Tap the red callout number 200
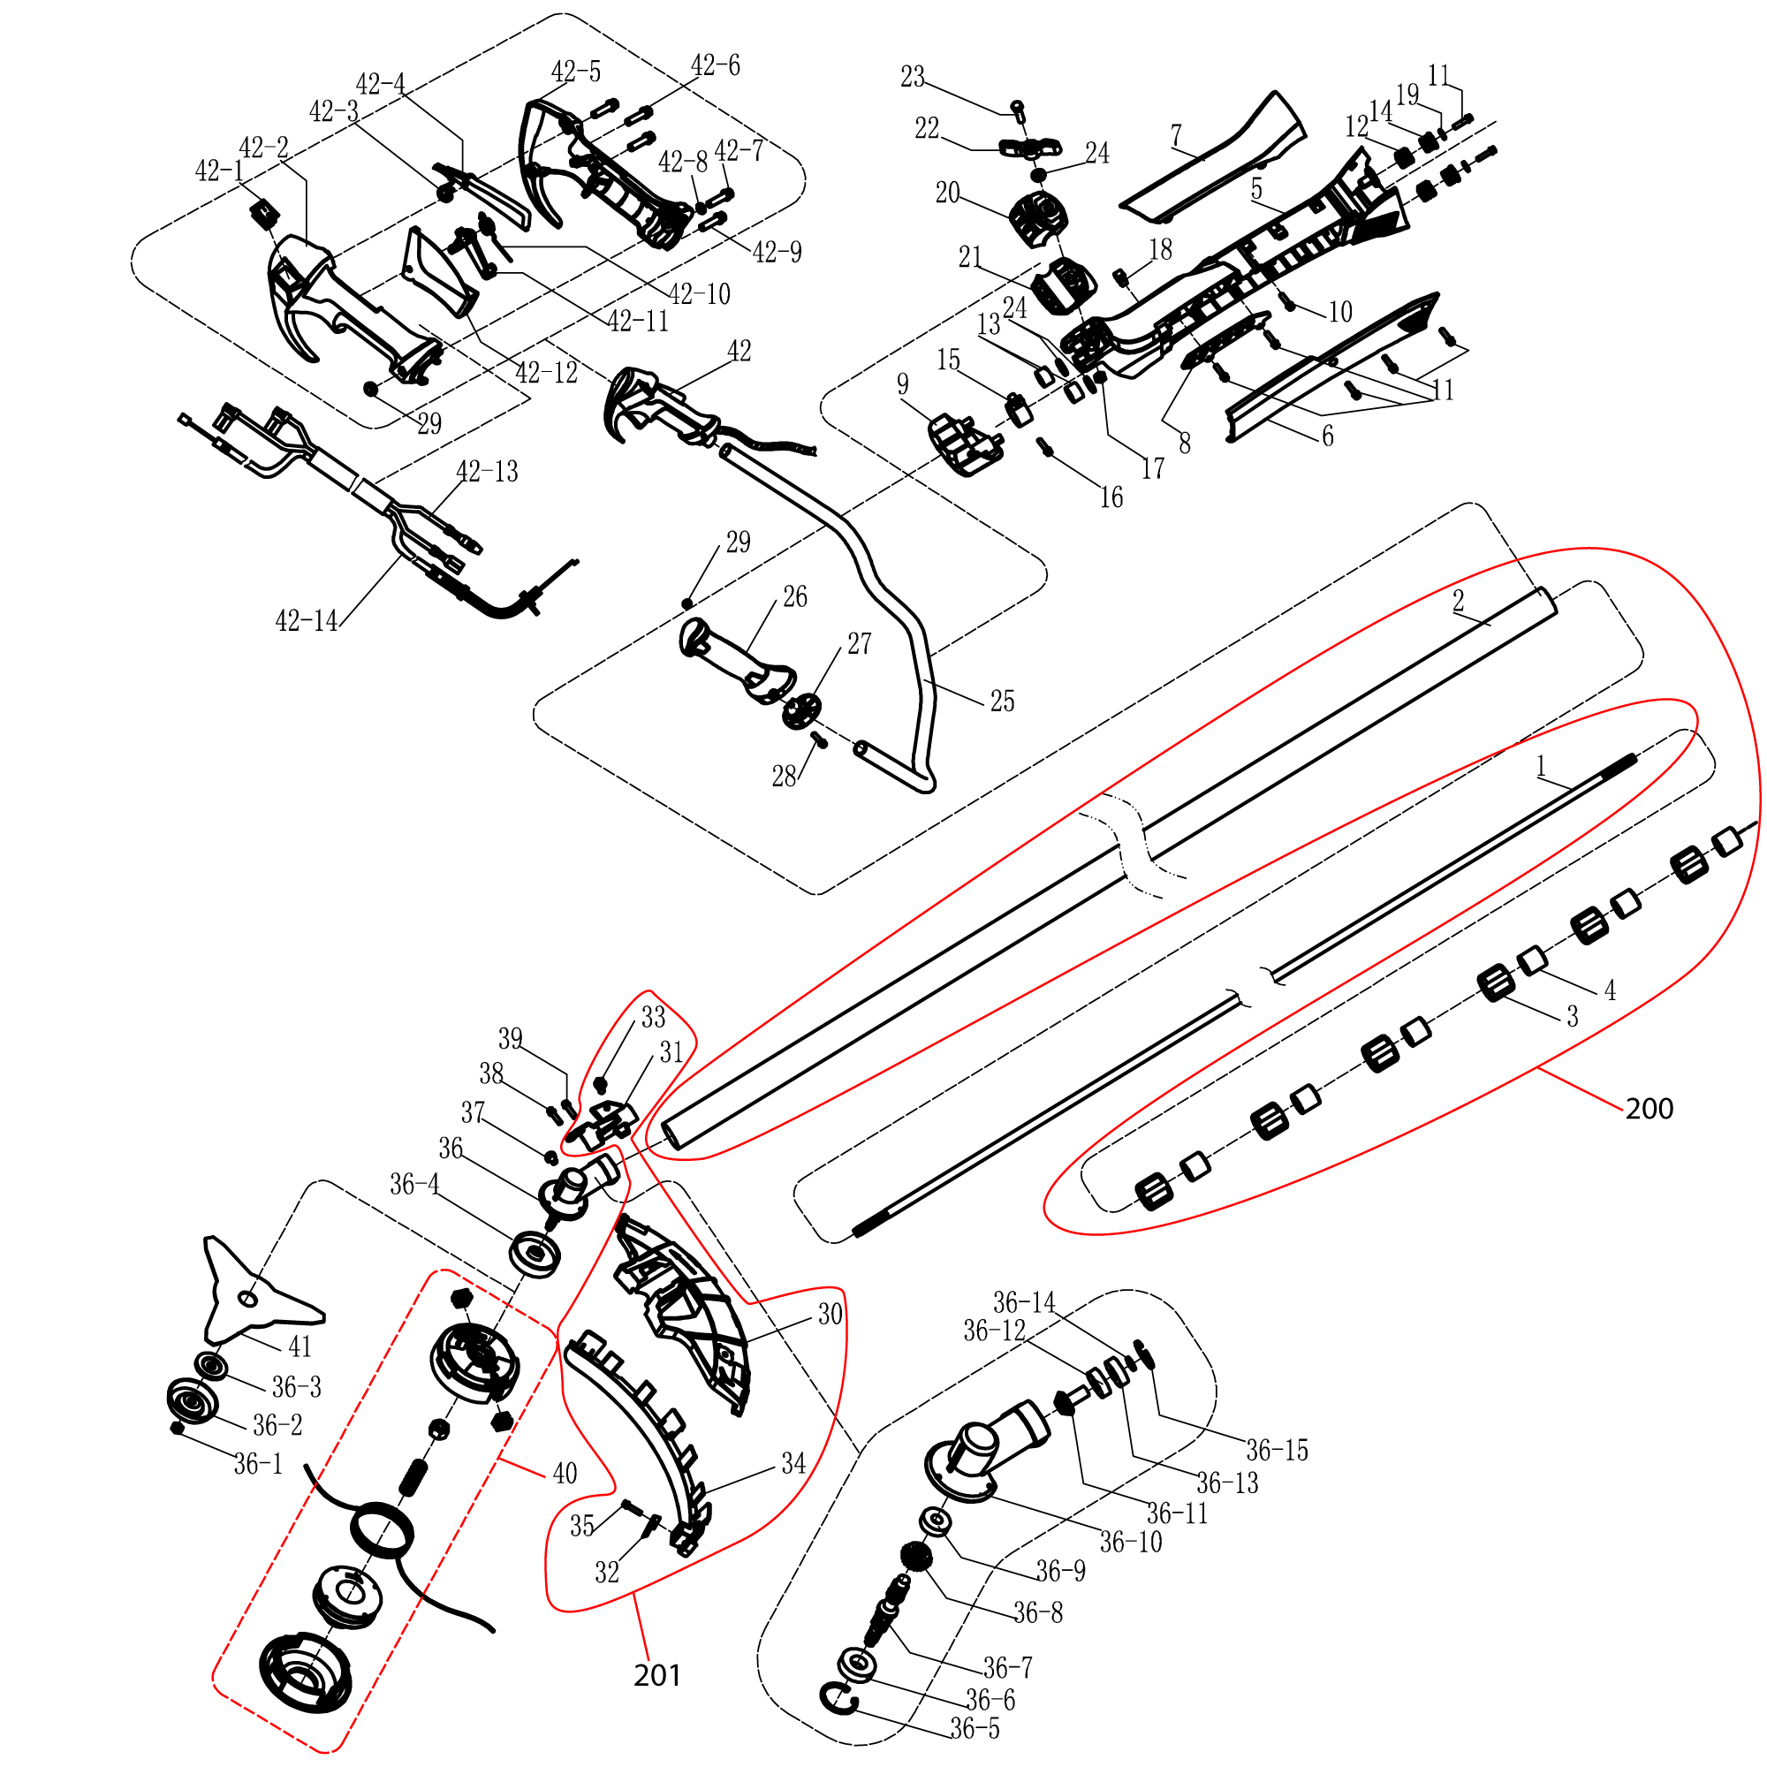click(x=1649, y=1109)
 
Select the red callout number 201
click(x=656, y=1674)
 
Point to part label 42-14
click(x=307, y=621)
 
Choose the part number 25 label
click(x=1003, y=701)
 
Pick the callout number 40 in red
click(x=565, y=1474)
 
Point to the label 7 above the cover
click(x=1175, y=135)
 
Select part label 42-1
click(x=219, y=171)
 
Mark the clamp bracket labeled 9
click(x=963, y=445)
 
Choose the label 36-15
click(x=1277, y=1450)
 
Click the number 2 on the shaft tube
click(x=1458, y=601)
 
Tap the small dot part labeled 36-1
click(x=178, y=1429)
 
